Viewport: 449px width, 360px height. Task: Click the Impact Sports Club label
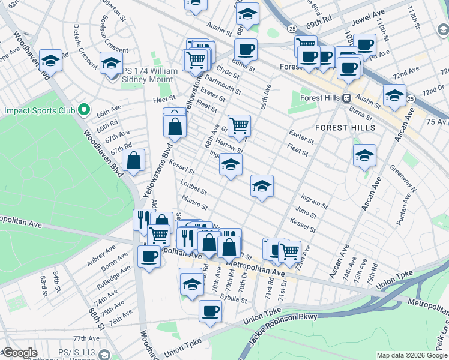(40, 110)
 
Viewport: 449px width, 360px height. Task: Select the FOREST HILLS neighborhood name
(345, 128)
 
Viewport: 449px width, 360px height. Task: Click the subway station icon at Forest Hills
(346, 98)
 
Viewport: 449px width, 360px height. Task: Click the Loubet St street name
(194, 188)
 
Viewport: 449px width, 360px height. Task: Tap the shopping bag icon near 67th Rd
(133, 160)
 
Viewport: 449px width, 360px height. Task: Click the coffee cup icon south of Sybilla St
(210, 311)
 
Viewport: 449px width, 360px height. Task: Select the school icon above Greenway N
(364, 155)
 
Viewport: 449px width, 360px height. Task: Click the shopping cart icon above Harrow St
(239, 125)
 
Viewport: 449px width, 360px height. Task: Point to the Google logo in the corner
(19, 353)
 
